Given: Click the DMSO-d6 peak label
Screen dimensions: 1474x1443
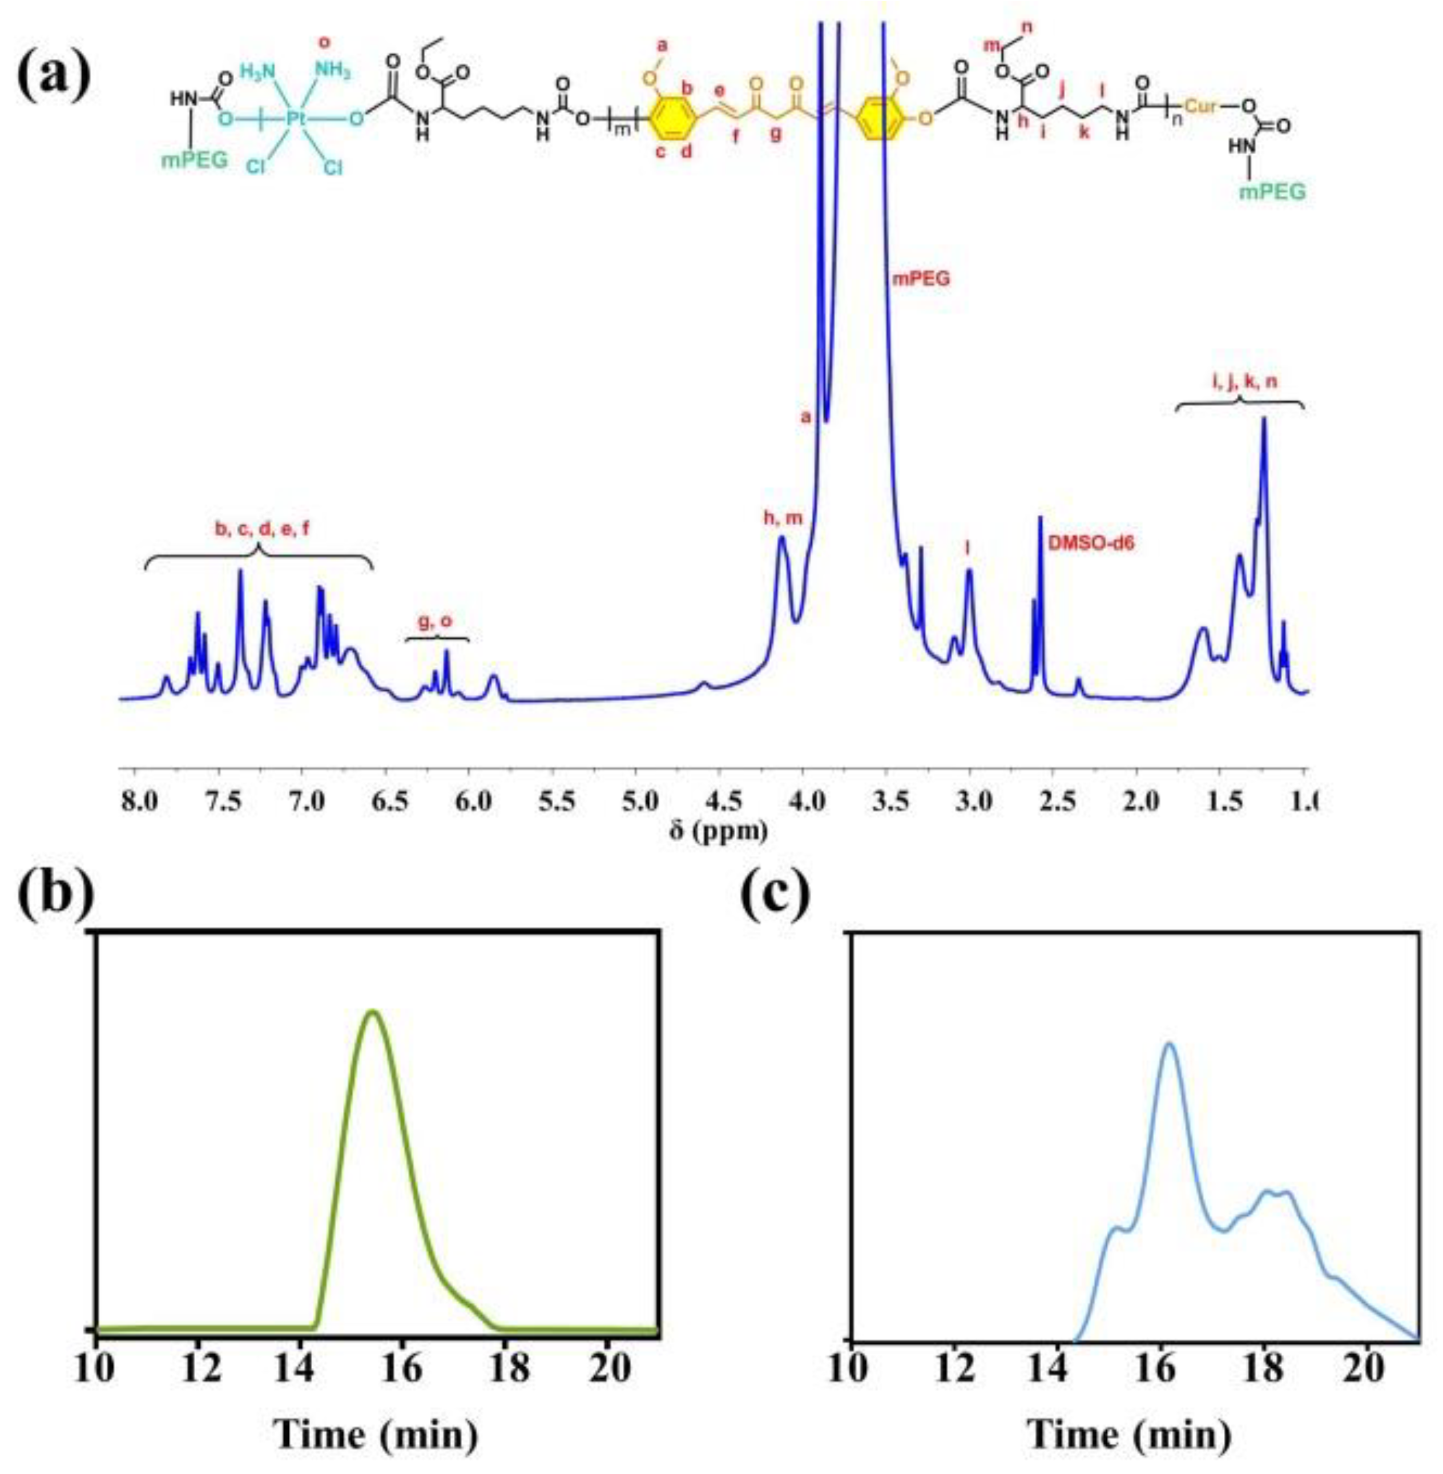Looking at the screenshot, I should pyautogui.click(x=1091, y=542).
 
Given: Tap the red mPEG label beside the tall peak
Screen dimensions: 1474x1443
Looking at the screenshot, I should pyautogui.click(x=920, y=279).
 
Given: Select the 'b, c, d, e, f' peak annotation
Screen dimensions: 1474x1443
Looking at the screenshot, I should pyautogui.click(x=261, y=530).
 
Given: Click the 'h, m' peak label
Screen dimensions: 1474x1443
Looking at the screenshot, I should pyautogui.click(x=782, y=518).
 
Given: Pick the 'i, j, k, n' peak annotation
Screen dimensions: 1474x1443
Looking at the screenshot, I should pyautogui.click(x=1240, y=382).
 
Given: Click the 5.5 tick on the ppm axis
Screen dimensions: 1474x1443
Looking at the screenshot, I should pyautogui.click(x=557, y=800).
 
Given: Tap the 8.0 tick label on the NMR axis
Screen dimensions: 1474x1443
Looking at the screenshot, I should pyautogui.click(x=141, y=800).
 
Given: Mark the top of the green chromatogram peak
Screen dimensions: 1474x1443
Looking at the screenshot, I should pyautogui.click(x=372, y=1013).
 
